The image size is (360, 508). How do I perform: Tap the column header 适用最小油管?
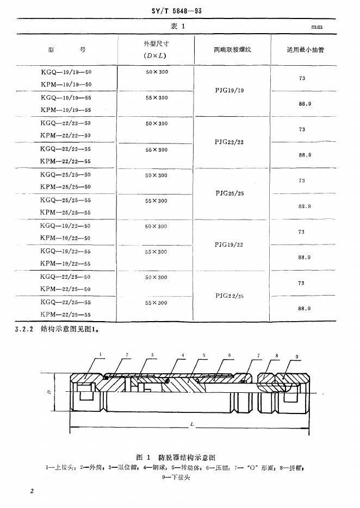click(x=305, y=49)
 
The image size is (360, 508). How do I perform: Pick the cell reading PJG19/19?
click(x=229, y=91)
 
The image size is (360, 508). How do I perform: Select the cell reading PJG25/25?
click(x=229, y=193)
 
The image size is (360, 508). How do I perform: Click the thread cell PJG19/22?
click(x=229, y=245)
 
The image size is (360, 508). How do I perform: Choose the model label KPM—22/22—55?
click(x=65, y=161)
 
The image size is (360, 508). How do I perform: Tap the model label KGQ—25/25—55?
click(x=65, y=200)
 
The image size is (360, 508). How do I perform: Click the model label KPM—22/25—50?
click(x=65, y=290)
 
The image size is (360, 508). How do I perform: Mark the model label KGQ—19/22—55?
click(x=65, y=252)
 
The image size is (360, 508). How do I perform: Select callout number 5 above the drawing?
click(x=204, y=355)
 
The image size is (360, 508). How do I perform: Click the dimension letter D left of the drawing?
click(x=49, y=393)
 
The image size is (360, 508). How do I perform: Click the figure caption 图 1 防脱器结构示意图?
click(x=179, y=457)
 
